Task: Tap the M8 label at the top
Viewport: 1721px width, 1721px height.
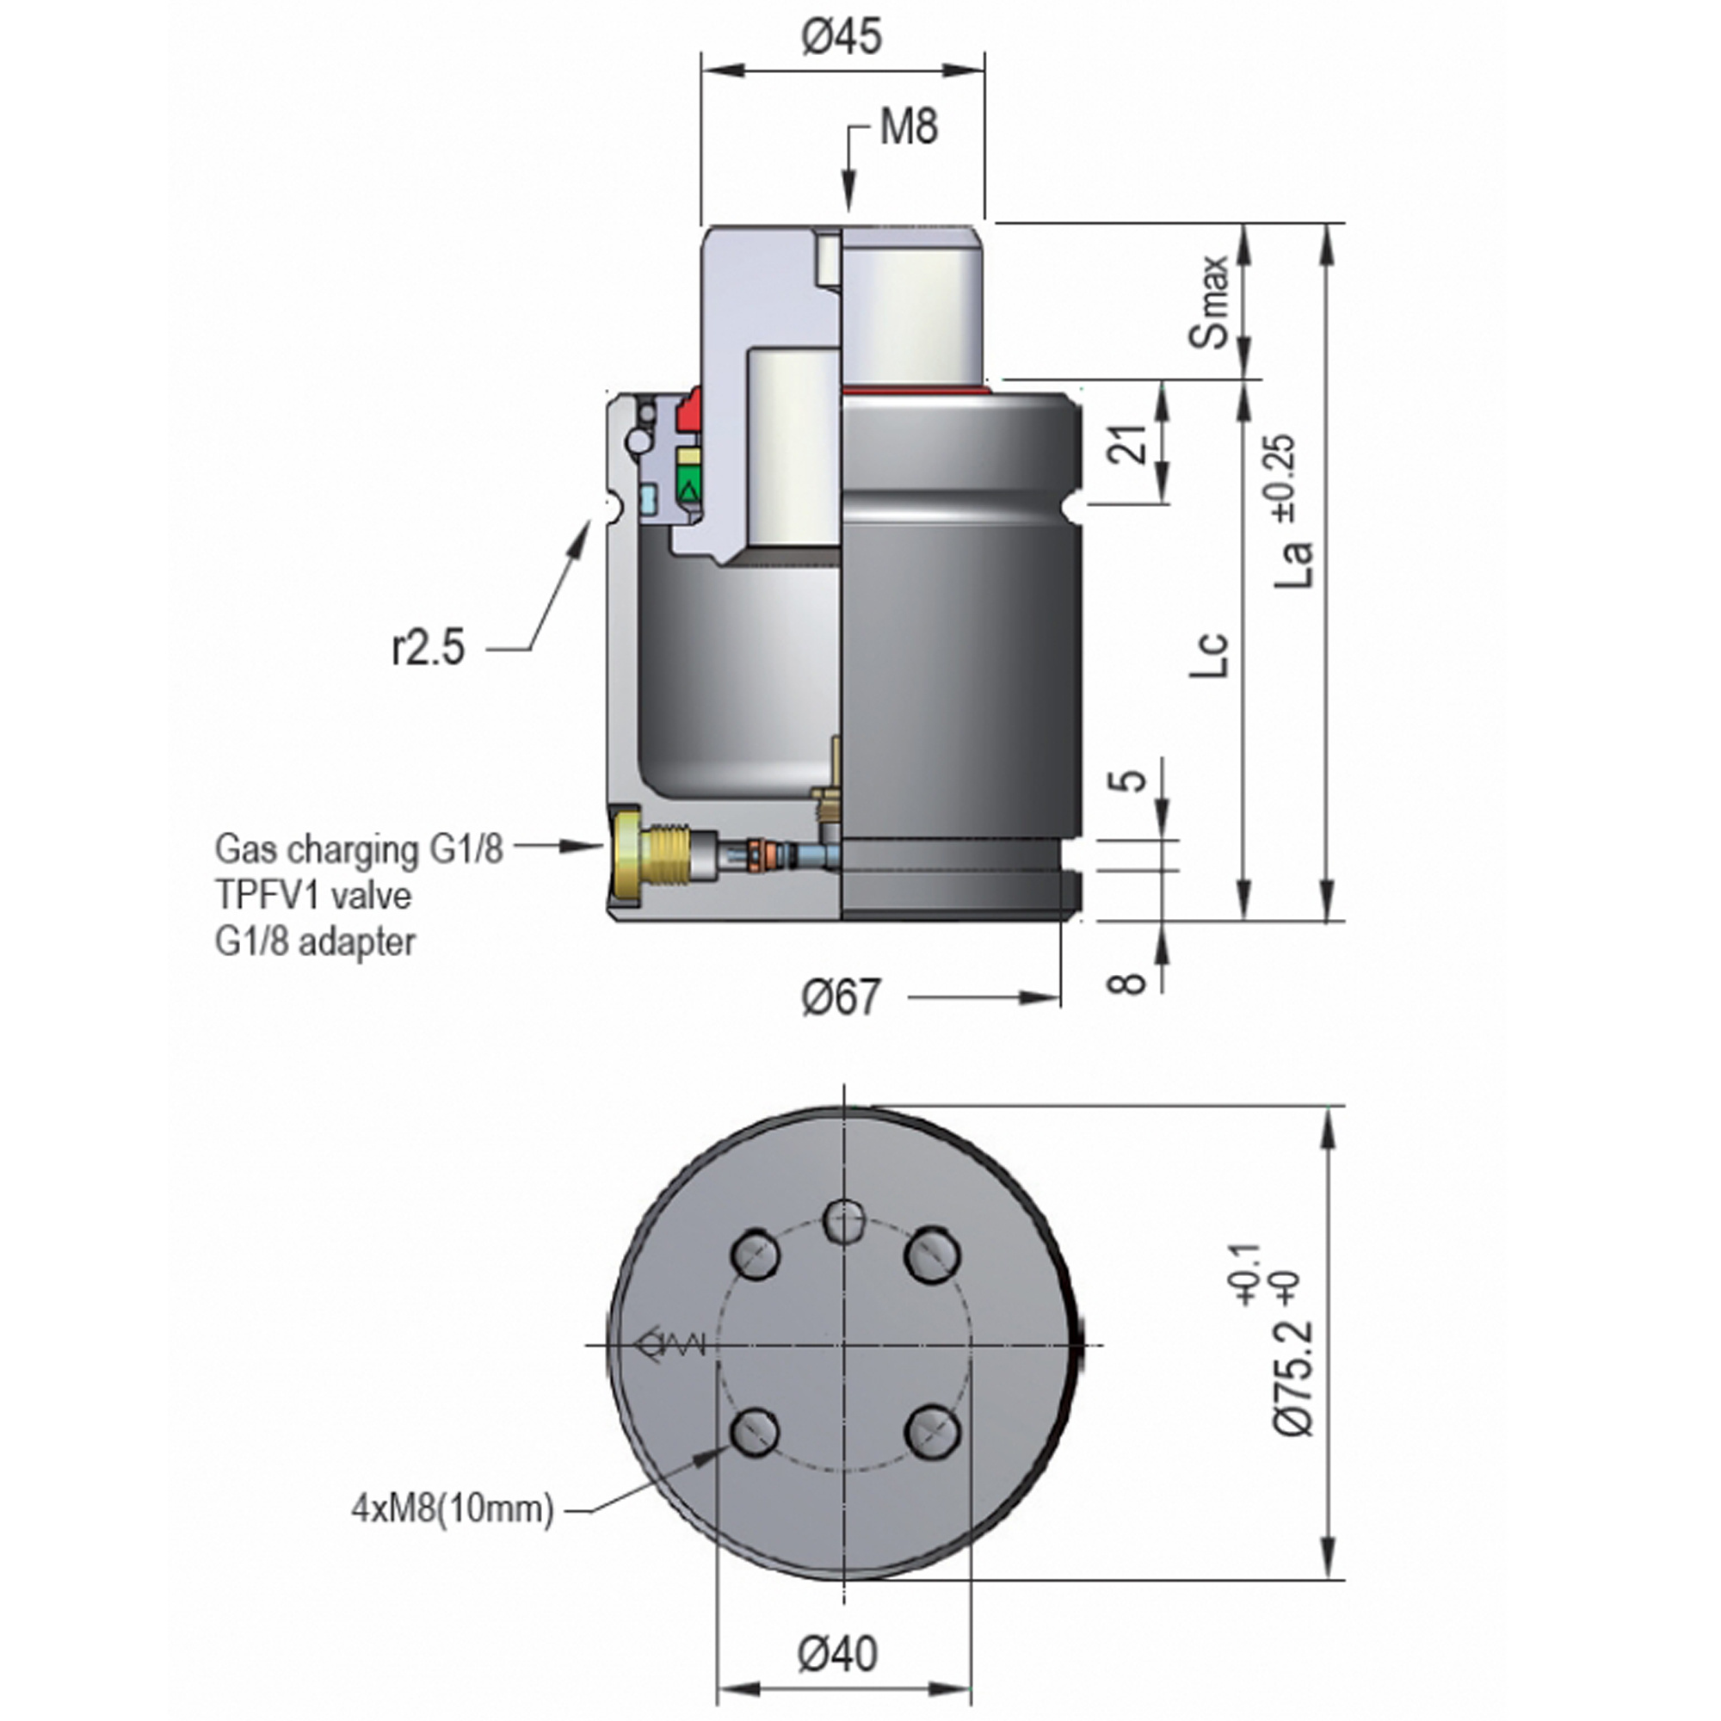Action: click(909, 127)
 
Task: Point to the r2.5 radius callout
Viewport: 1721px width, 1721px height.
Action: click(429, 648)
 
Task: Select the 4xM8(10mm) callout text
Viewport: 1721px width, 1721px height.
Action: click(453, 1509)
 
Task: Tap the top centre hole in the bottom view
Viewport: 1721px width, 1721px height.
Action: click(842, 1218)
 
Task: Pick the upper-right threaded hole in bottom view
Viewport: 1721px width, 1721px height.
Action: click(932, 1255)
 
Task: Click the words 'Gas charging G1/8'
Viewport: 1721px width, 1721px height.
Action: click(359, 849)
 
